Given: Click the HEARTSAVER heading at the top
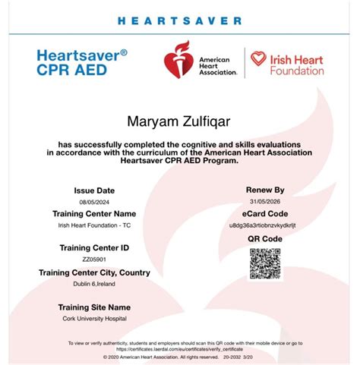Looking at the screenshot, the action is click(x=180, y=21).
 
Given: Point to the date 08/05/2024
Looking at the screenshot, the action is click(x=93, y=202).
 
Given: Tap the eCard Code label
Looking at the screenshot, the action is click(x=264, y=214).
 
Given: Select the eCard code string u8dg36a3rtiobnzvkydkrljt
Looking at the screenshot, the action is click(x=264, y=226).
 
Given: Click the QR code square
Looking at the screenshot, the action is click(x=265, y=263).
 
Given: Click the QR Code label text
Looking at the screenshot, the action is click(x=264, y=238).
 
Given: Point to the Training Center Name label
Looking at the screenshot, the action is click(x=93, y=213).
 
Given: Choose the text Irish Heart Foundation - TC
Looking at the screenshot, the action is click(x=93, y=225).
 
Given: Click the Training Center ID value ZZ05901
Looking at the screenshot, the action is click(x=93, y=260).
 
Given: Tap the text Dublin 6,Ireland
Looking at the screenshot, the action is click(x=93, y=285).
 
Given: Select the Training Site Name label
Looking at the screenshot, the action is click(x=94, y=307).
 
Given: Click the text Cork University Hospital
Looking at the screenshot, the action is click(x=94, y=319).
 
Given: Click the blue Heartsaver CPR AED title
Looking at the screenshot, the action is click(x=81, y=63).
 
